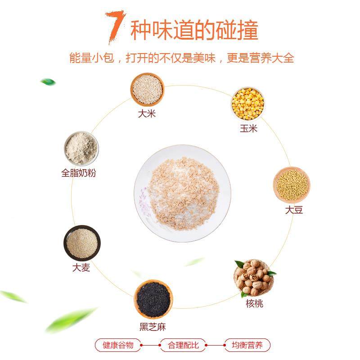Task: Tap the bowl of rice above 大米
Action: (x=147, y=88)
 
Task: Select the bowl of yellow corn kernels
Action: (x=247, y=103)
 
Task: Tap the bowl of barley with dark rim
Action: (x=81, y=243)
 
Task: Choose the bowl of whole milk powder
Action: (x=81, y=149)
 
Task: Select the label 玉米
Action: (x=248, y=129)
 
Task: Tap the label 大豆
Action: (x=293, y=210)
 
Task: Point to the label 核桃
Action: (x=254, y=304)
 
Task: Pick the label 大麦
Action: (x=81, y=268)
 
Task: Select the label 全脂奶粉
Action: (x=78, y=173)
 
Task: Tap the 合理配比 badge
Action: (x=182, y=346)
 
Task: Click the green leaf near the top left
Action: (x=48, y=82)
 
